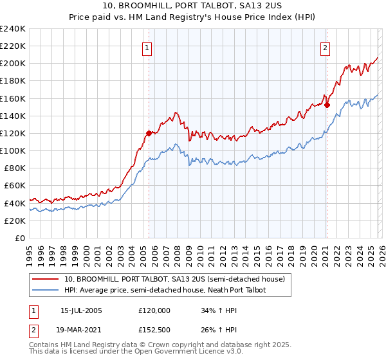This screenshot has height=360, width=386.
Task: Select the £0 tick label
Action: tap(19, 238)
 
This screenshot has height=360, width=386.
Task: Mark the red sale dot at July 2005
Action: tap(149, 133)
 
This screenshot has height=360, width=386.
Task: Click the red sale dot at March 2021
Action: tap(327, 105)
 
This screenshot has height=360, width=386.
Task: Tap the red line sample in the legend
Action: tap(46, 278)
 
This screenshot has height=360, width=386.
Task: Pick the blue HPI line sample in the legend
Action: tap(46, 290)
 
